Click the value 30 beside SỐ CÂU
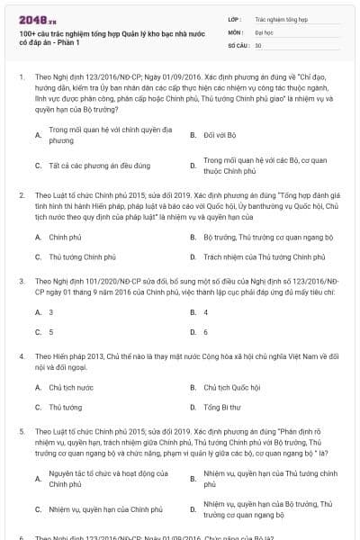click(258, 44)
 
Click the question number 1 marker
click(21, 78)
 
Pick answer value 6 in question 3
click(206, 331)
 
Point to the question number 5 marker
click(21, 433)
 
